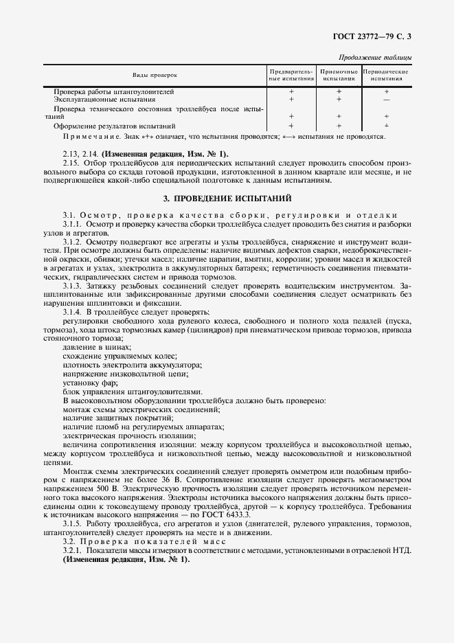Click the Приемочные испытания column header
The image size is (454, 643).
coord(339,75)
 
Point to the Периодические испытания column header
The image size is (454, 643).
coord(386,75)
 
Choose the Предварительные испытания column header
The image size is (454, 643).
coord(291,75)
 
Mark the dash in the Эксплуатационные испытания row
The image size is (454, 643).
coord(387,100)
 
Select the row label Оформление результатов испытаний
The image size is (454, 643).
coord(115,126)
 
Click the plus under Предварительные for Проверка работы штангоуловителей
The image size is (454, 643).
coord(291,91)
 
